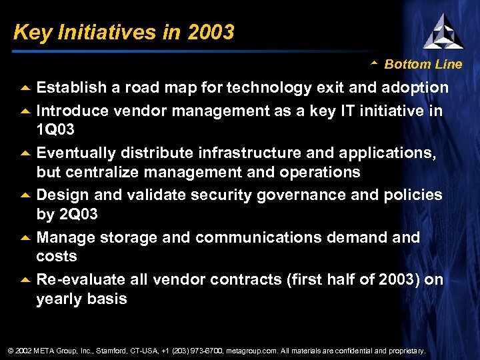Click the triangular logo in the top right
(x=443, y=31)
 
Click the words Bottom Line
(x=423, y=65)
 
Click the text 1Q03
(x=55, y=128)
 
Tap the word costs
(x=57, y=256)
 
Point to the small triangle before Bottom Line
(x=374, y=64)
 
